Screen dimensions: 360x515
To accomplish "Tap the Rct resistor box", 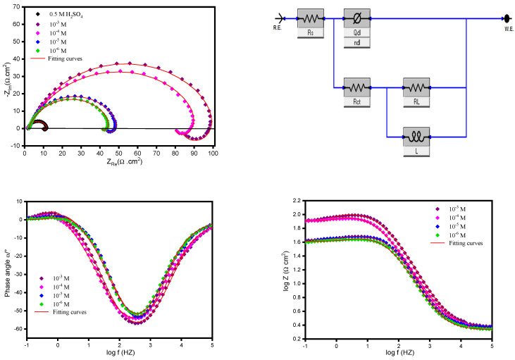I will (356, 89).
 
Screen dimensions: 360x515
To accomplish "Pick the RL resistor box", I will (416, 89).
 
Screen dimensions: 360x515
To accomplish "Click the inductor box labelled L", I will (416, 136).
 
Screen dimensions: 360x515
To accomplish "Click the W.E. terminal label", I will (506, 30).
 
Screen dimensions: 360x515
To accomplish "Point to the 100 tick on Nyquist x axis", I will (212, 151).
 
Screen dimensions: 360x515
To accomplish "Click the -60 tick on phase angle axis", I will (16, 330).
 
